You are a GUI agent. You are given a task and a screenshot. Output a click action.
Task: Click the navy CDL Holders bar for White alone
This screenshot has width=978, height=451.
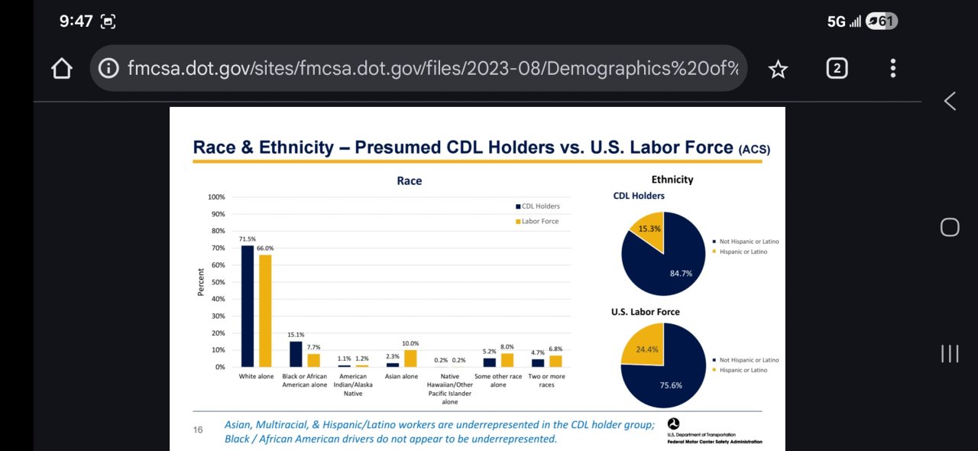248,306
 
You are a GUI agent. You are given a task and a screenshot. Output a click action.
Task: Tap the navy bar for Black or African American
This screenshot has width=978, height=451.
296,354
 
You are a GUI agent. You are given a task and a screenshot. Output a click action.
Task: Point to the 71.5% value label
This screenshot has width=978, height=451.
247,239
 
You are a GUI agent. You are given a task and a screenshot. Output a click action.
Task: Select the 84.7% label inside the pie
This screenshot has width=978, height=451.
680,273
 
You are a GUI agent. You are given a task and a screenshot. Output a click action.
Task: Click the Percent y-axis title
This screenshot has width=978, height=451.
201,282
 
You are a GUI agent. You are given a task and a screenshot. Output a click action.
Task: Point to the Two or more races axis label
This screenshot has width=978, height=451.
546,380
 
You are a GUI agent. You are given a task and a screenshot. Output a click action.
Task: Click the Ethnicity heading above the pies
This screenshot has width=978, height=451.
672,180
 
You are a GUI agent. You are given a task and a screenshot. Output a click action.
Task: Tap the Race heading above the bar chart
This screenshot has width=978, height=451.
409,181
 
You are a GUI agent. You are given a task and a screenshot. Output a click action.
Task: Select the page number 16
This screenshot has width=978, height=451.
198,430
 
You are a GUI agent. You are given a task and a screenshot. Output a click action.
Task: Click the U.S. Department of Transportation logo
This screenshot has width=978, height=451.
672,423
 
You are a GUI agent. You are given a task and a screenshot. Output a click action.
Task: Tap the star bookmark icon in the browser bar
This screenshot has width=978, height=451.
778,70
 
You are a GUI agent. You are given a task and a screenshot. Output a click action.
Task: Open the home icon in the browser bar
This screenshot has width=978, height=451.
61,69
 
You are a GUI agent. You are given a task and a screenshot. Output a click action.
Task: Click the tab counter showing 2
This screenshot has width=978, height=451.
837,69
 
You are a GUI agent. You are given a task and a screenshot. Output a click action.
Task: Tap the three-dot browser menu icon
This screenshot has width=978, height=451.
892,69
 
